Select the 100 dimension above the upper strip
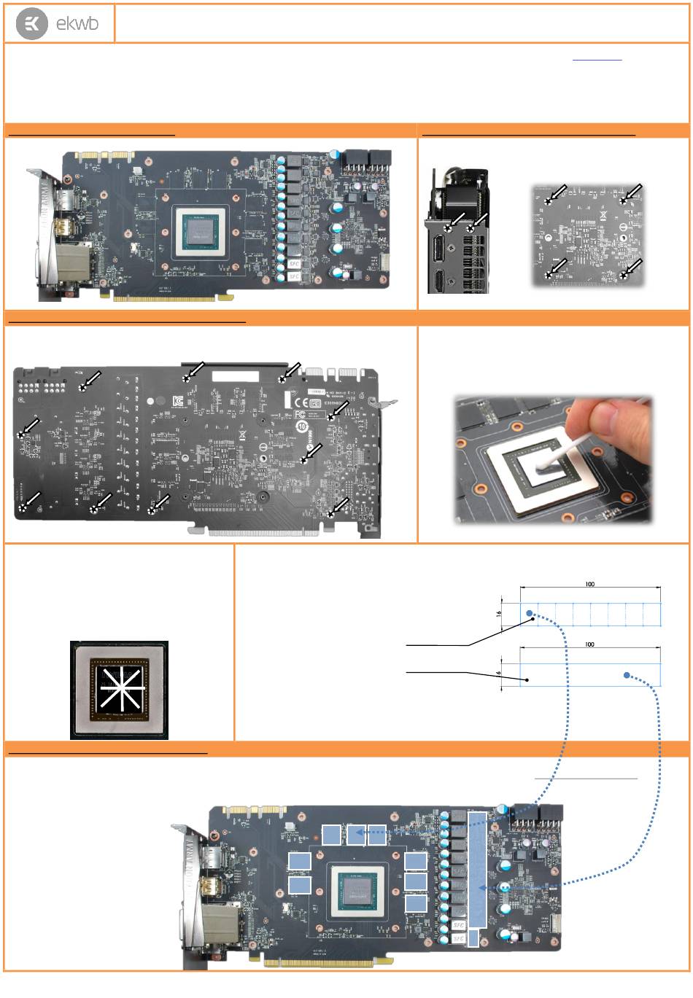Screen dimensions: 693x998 [589, 584]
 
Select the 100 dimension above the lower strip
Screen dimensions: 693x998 [589, 644]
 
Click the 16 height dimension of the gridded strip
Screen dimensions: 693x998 [499, 615]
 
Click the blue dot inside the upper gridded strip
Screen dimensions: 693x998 [530, 614]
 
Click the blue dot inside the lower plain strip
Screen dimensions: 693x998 [627, 676]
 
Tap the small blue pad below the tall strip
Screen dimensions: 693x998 [473, 937]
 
